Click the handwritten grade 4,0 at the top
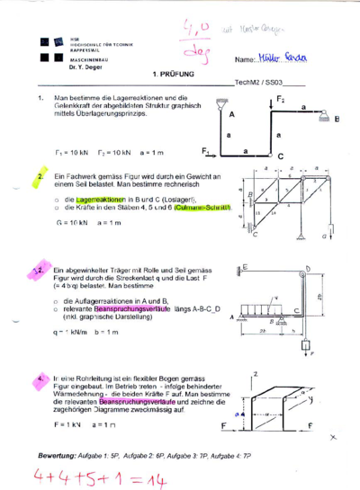194,30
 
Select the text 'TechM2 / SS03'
258,82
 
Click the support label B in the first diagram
337,118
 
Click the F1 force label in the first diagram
205,150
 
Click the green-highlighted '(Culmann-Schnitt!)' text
205,208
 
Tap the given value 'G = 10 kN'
71,222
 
